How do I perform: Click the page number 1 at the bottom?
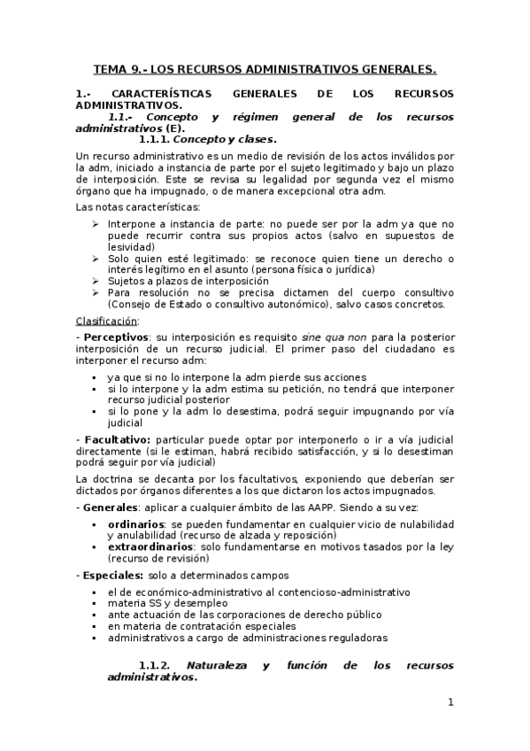click(451, 703)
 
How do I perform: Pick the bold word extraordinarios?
click(150, 547)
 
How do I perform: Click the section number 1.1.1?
click(154, 139)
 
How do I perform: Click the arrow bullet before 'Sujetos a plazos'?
click(96, 281)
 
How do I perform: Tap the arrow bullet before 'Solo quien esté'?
click(96, 259)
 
